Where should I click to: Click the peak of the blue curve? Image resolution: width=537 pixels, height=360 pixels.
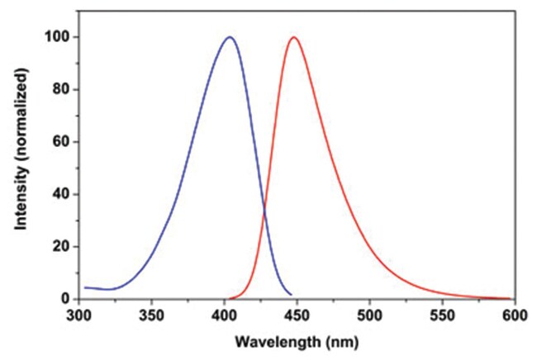point(230,37)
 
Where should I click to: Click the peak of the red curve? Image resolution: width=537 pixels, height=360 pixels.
point(292,37)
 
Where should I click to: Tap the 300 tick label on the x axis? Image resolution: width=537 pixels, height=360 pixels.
point(78,315)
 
